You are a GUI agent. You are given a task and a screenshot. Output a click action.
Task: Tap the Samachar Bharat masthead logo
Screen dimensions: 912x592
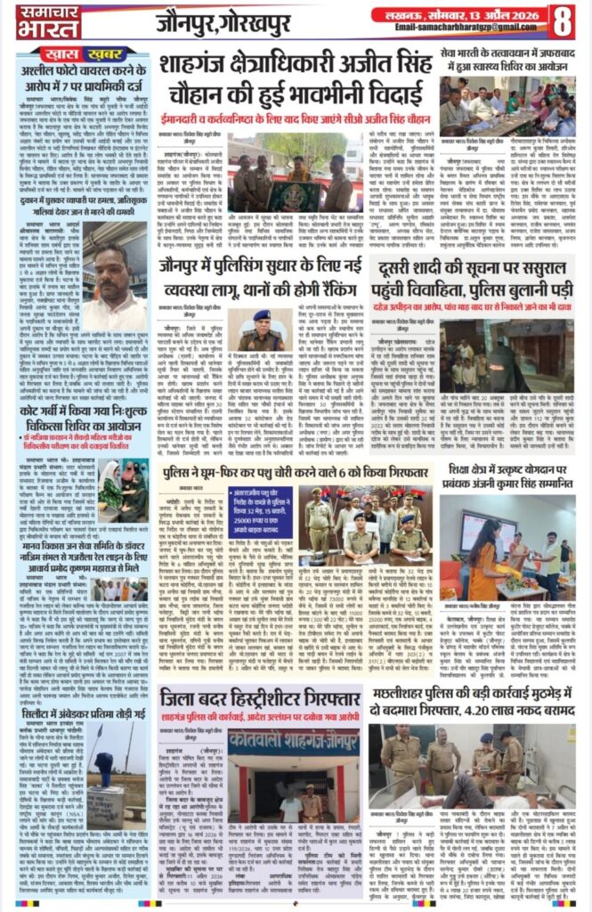tap(36, 21)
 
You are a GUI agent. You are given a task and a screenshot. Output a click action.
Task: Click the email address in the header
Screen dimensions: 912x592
tap(462, 28)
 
